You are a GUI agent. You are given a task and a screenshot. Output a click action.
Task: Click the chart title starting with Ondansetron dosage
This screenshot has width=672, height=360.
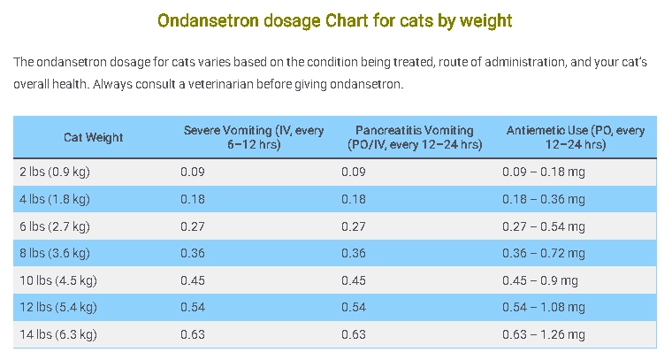coord(334,19)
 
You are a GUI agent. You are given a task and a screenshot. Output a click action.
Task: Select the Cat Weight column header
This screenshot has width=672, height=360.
coord(93,137)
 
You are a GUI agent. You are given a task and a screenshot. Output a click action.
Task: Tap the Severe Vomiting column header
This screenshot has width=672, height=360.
coord(254,137)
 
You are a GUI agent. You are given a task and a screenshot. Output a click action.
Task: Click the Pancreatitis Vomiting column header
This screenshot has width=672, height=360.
coord(415,137)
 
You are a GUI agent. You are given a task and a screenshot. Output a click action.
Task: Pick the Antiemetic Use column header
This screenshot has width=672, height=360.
coord(576,137)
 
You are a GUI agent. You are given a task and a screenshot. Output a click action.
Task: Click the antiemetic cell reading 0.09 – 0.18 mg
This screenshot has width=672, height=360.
coord(543,172)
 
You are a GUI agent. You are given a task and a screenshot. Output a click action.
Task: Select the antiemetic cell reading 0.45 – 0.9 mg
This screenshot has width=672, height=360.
coord(539,280)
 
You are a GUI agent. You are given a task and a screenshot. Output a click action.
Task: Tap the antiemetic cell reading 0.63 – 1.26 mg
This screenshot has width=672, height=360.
coord(543,334)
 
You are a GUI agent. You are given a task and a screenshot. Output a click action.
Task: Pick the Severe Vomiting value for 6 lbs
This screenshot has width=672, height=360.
coord(192,226)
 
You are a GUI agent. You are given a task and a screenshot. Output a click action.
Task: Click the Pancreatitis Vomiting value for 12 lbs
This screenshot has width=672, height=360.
coord(353,308)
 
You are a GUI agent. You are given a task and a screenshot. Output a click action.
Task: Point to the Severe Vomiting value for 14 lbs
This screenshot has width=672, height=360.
coord(192,334)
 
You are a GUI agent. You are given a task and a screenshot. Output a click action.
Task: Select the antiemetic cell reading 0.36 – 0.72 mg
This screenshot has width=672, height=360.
coord(543,253)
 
